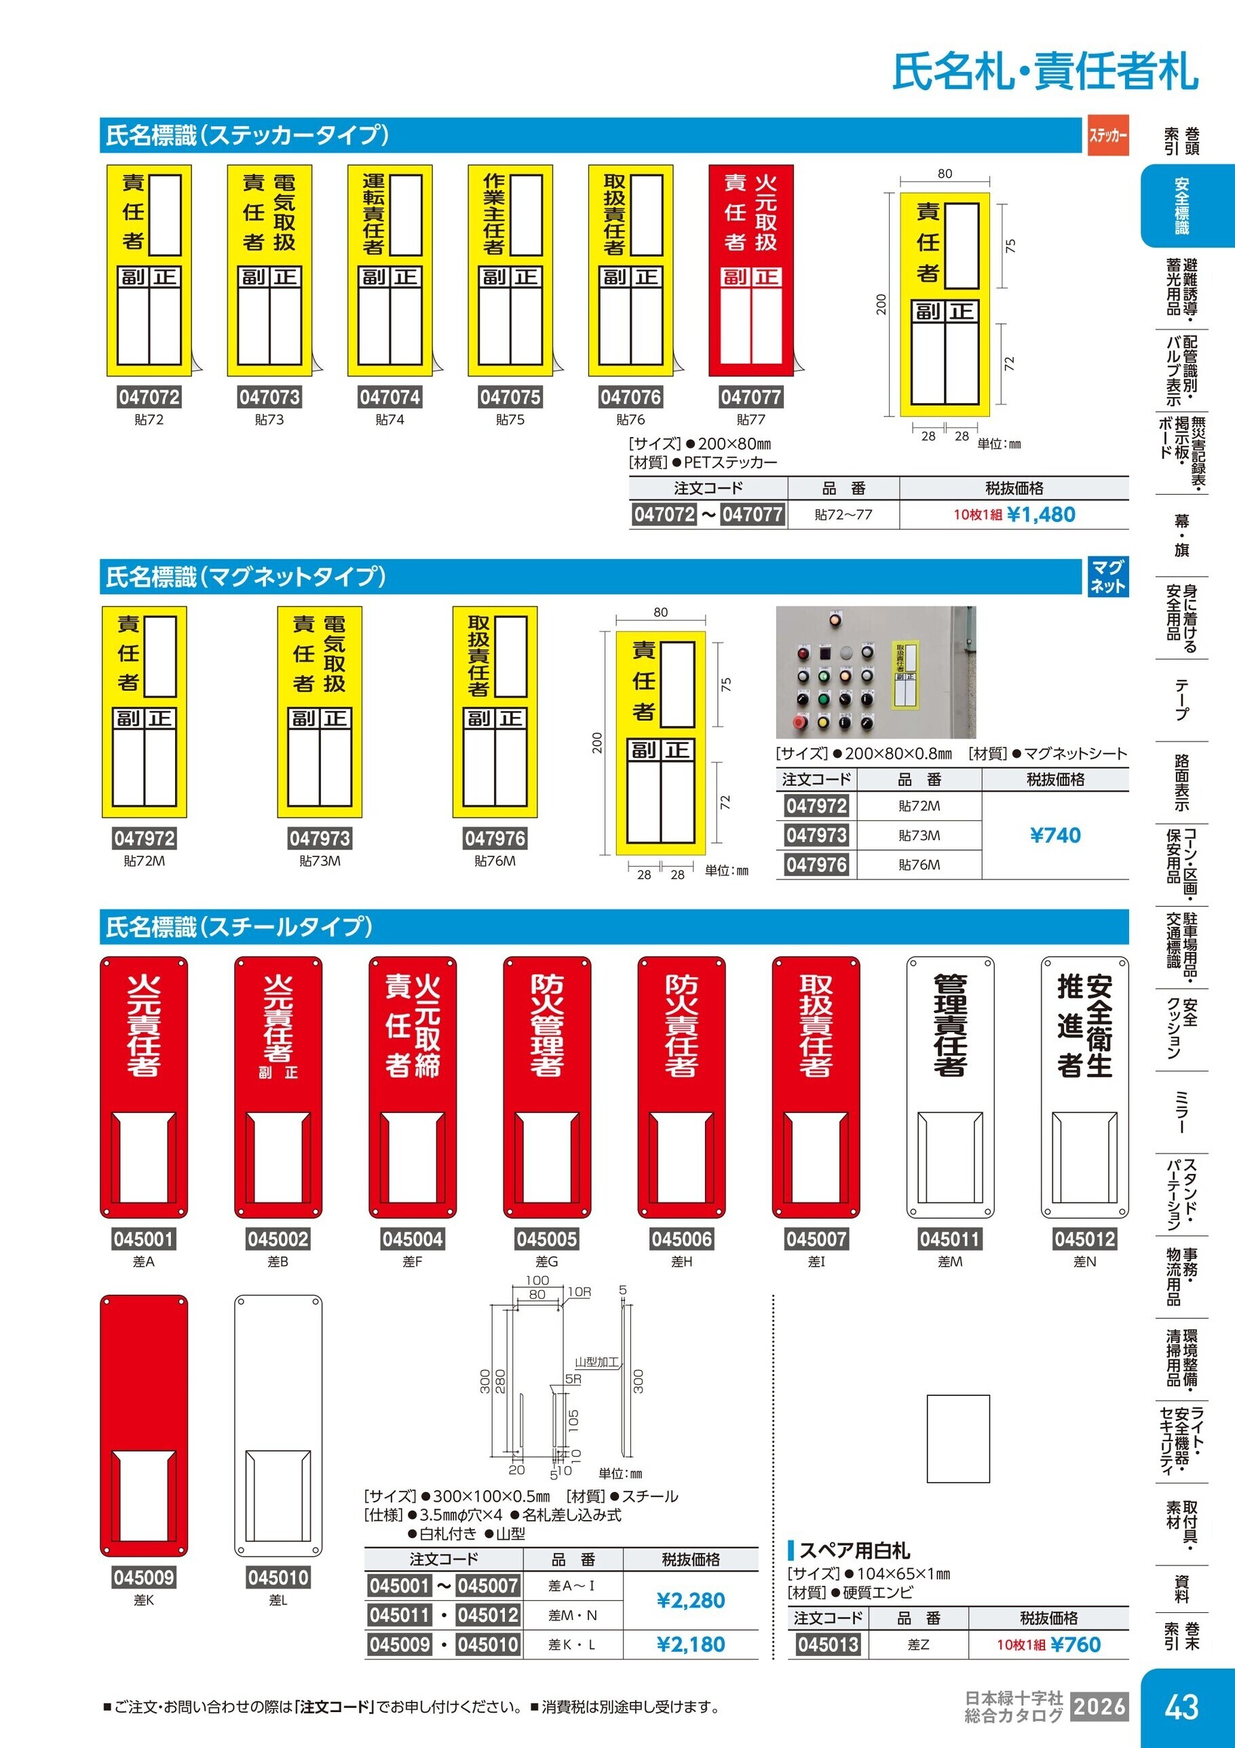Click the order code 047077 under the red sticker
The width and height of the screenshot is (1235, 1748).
(750, 397)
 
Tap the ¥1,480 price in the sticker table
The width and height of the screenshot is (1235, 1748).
(1041, 514)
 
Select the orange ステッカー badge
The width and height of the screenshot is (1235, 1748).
(1108, 135)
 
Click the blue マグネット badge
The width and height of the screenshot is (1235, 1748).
(1108, 576)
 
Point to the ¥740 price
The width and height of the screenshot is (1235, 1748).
(1055, 835)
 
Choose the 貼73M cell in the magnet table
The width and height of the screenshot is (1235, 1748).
(919, 835)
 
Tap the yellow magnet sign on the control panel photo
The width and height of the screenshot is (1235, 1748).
(905, 673)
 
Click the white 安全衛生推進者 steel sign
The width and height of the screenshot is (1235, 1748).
(1084, 1088)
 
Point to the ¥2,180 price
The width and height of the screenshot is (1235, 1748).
(691, 1644)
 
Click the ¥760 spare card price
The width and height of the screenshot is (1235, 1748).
(1075, 1644)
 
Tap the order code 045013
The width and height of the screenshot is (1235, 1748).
(828, 1644)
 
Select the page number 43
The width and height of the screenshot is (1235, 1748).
(1181, 1706)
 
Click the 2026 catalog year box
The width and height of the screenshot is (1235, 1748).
(1099, 1706)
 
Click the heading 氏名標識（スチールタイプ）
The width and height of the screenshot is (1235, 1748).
(239, 926)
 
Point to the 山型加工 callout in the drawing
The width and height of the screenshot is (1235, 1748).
(596, 1362)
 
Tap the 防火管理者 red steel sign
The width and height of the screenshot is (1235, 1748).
(547, 1088)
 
